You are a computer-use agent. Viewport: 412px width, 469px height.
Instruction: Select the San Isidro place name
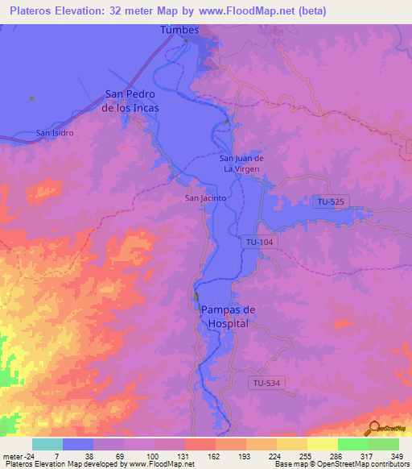point(56,132)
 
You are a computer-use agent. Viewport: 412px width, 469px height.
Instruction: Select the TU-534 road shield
point(266,383)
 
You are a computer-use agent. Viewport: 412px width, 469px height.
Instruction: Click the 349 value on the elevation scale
point(398,455)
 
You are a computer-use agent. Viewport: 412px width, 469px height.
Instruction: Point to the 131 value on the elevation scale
point(184,455)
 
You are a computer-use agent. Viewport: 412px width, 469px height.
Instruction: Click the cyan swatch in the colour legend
point(47,444)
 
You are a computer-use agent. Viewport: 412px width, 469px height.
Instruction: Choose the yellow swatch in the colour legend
point(322,444)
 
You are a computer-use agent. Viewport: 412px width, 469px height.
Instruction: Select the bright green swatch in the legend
point(352,444)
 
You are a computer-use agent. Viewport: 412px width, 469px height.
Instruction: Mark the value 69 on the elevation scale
point(123,455)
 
